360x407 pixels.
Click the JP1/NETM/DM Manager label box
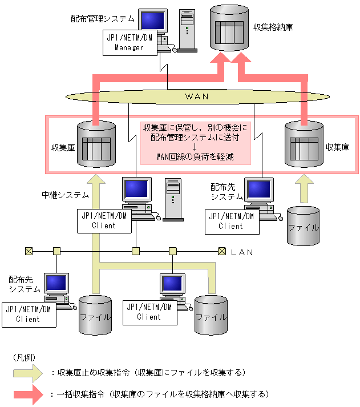[130, 43]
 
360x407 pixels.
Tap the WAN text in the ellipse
[197, 96]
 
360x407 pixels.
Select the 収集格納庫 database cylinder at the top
[229, 28]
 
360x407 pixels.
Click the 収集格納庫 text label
[273, 27]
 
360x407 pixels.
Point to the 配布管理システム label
[103, 19]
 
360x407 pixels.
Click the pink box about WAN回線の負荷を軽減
[196, 143]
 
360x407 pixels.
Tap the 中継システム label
[65, 195]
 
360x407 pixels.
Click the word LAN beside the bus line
[242, 252]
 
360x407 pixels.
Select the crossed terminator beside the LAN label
[222, 251]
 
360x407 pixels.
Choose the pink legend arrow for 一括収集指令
[29, 394]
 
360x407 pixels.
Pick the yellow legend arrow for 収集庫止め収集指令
[28, 373]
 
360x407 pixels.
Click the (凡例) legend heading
[24, 358]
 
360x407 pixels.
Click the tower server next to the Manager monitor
[187, 31]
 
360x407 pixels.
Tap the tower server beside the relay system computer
[173, 200]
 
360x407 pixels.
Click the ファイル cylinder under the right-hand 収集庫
[303, 226]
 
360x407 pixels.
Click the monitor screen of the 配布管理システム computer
[153, 21]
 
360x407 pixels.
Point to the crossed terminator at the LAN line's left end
[29, 251]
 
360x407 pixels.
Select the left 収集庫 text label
[63, 148]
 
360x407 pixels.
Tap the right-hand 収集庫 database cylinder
[304, 144]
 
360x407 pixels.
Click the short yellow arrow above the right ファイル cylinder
[304, 188]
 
